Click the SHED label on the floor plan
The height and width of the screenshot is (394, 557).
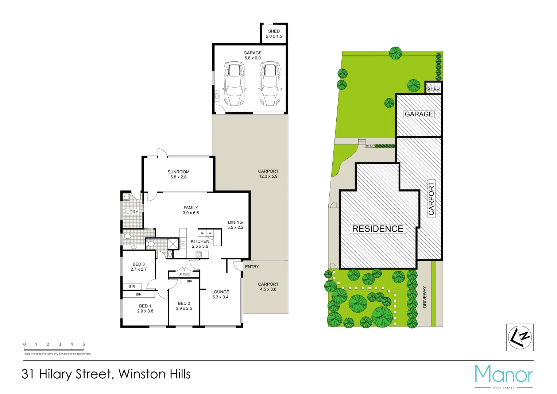274,31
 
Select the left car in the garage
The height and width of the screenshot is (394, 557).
234,84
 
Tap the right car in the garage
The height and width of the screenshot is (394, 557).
270,84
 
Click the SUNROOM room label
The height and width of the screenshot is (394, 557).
178,172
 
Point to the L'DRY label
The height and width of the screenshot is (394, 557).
132,212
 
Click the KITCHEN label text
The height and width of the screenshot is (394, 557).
200,241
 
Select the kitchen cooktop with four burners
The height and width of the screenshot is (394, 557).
198,254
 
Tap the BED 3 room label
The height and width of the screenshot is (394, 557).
139,264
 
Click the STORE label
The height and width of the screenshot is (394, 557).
184,274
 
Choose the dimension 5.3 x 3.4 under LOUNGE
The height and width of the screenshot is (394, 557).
220,297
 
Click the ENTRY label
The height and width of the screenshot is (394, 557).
252,267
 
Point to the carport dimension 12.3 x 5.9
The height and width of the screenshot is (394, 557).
268,176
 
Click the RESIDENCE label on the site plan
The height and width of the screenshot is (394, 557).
378,229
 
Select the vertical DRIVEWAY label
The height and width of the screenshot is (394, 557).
425,297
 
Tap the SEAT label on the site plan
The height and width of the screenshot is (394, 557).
370,146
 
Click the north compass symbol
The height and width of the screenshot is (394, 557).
520,337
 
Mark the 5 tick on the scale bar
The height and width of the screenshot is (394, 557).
84,344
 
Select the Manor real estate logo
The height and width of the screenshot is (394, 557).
503,376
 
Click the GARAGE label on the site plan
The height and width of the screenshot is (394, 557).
419,114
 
